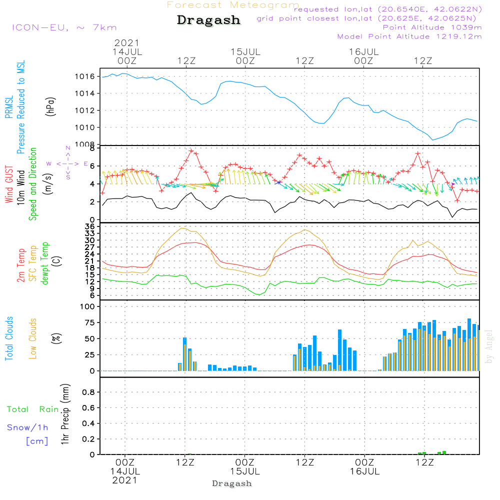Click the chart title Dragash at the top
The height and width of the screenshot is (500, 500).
(x=208, y=20)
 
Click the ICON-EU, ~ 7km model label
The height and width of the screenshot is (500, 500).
(x=64, y=27)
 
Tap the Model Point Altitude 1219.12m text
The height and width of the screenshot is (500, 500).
(x=409, y=36)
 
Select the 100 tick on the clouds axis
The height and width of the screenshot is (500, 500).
(x=87, y=307)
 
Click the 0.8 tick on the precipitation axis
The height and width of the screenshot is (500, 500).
(x=88, y=392)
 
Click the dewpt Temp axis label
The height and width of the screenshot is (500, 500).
(x=45, y=263)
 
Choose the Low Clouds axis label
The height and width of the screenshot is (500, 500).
(x=33, y=338)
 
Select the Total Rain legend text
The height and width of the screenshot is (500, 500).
(x=33, y=409)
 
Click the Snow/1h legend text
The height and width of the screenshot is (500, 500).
(x=27, y=427)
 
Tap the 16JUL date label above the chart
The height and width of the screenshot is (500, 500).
(x=363, y=51)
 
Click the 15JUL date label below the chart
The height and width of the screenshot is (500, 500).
(x=245, y=471)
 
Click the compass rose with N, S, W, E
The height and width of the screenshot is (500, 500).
(x=68, y=163)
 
